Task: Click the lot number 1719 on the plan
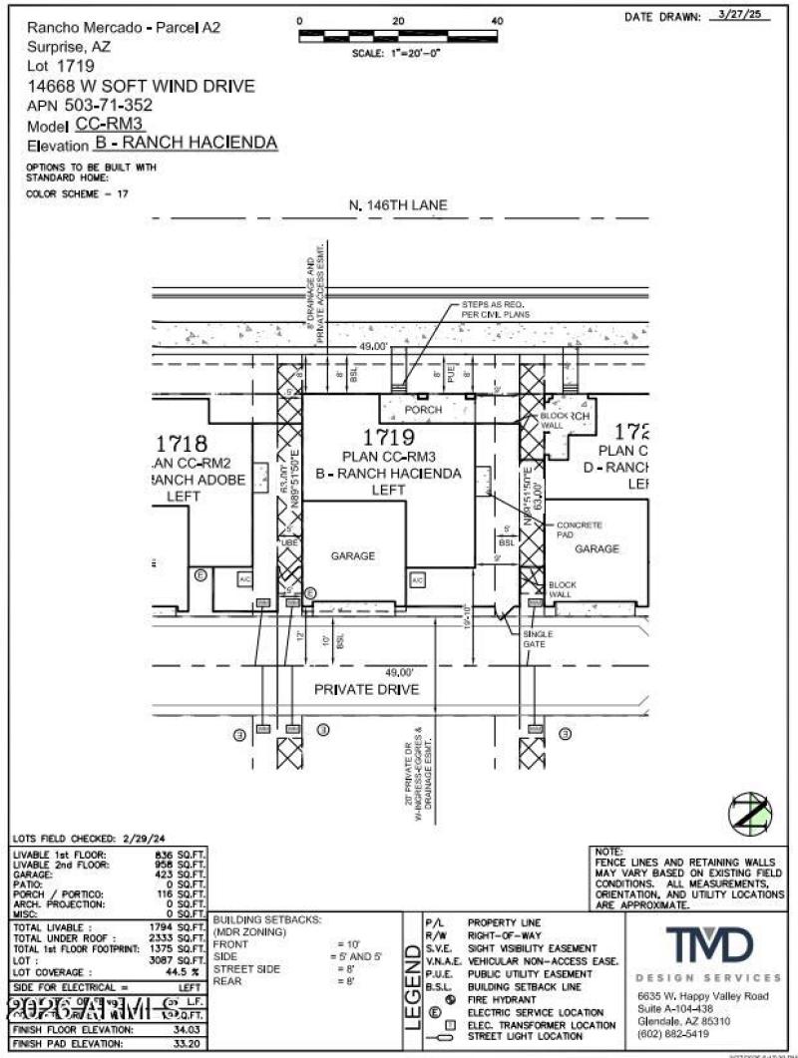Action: point(388,437)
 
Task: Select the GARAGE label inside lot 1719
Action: point(354,556)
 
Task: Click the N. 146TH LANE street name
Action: point(398,205)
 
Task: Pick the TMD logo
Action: point(710,944)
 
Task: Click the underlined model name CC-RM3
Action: point(111,124)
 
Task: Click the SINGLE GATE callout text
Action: point(539,638)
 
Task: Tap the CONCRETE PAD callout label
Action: point(580,529)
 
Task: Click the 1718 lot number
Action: point(181,444)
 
